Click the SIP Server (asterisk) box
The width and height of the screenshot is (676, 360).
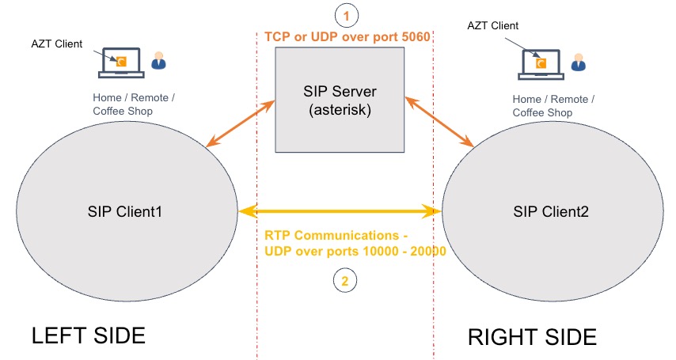click(339, 99)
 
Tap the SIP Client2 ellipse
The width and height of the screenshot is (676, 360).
click(551, 211)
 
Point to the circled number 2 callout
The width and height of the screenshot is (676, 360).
click(345, 279)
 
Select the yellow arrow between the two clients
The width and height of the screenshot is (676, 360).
click(340, 211)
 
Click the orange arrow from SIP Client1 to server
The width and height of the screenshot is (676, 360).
click(241, 124)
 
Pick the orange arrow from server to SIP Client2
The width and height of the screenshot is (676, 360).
click(439, 122)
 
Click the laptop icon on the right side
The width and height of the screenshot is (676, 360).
click(541, 63)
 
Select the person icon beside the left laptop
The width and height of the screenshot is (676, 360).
click(159, 61)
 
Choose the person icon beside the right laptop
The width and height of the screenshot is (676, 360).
click(579, 61)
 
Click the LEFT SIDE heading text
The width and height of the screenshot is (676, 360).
click(89, 335)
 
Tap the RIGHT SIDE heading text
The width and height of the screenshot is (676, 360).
click(532, 337)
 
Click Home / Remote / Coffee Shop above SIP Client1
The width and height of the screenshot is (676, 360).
click(134, 104)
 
